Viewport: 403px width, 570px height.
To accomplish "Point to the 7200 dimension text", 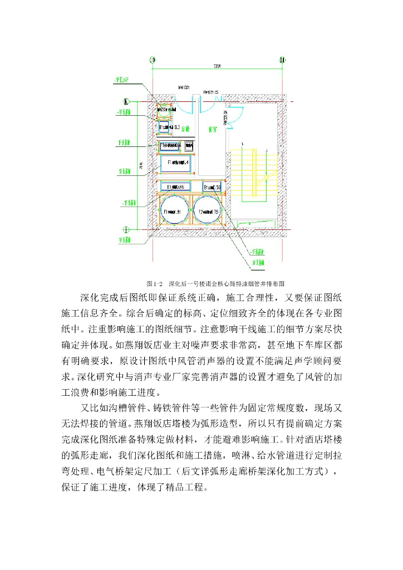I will point(217,67).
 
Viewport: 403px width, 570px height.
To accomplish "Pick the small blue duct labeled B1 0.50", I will point(212,186).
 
